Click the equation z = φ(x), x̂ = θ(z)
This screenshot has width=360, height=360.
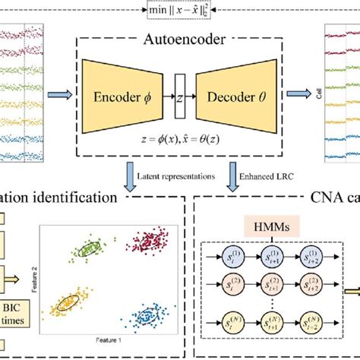point(181,141)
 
